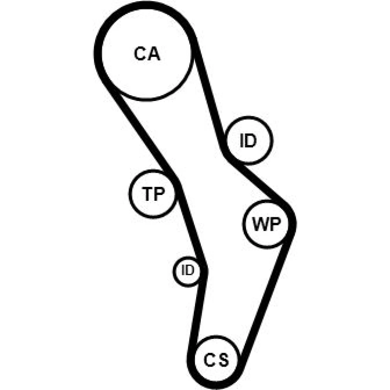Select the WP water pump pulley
266,224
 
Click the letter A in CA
154,54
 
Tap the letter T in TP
147,193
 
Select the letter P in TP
158,193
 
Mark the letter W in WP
260,225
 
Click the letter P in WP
274,225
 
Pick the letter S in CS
223,359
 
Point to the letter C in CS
210,359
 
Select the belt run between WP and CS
265,296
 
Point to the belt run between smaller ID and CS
197,308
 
